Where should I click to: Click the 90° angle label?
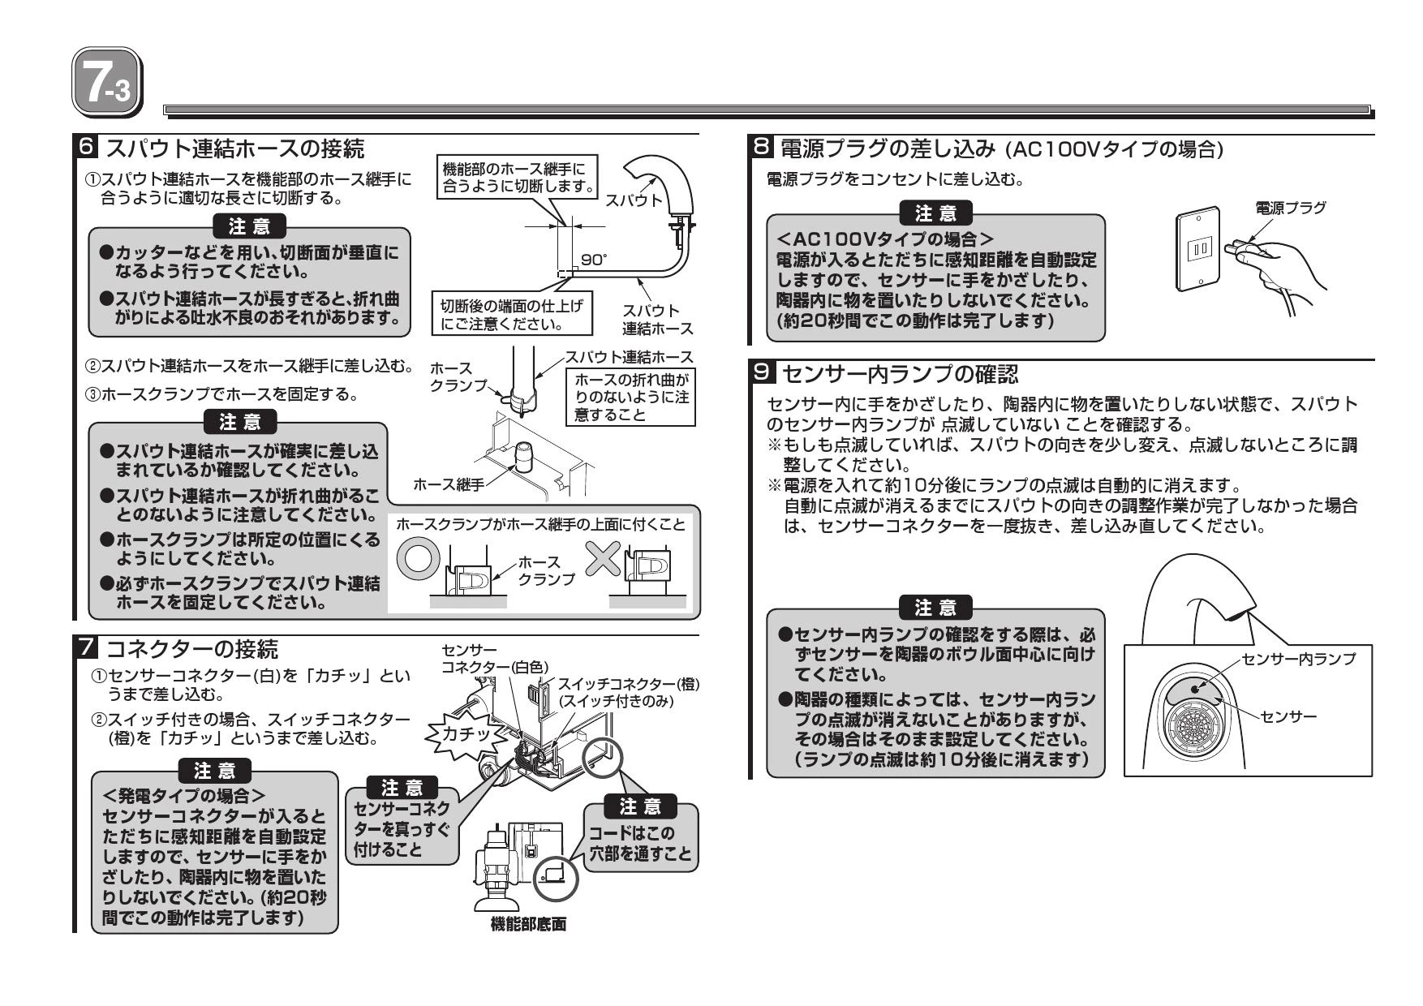click(594, 260)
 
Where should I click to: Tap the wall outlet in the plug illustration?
click(1199, 247)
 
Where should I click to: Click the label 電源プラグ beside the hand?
click(1290, 208)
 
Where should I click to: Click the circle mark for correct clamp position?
click(418, 557)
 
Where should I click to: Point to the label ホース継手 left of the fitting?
click(448, 484)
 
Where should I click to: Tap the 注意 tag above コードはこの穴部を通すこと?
click(640, 806)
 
